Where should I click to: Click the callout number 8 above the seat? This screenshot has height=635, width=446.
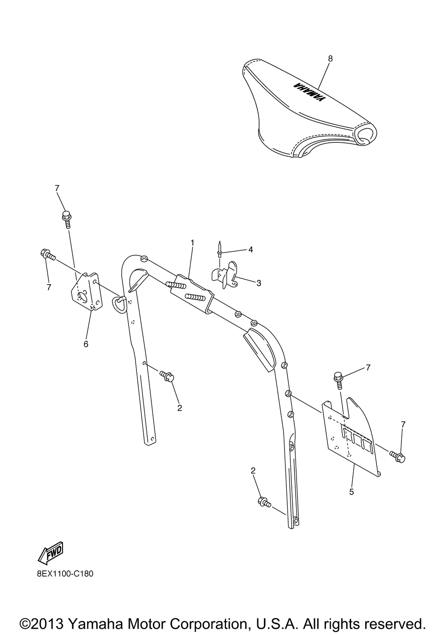coord(330,58)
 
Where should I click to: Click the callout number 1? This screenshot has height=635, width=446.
coord(192,242)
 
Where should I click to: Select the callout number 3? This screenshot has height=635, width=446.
coord(259,282)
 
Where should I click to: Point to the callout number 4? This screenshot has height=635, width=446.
coord(251,249)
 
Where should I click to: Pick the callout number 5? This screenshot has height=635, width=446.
coord(351,492)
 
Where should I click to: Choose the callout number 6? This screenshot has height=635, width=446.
coord(86,344)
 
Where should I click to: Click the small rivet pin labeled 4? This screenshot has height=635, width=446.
coord(220,249)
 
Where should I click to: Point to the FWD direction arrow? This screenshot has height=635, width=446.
coord(51,553)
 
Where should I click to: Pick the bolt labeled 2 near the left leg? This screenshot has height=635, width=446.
coord(168,376)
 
